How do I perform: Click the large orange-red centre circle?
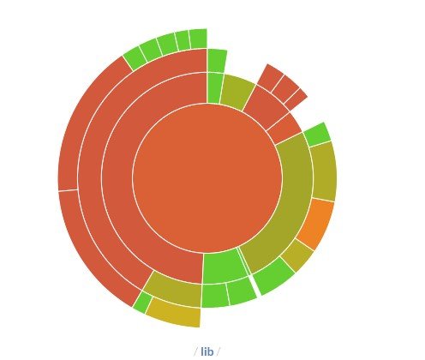(207, 178)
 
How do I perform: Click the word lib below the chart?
(207, 351)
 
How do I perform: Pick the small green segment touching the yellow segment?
(142, 303)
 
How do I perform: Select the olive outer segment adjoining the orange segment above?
(324, 171)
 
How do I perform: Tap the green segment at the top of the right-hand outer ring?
(317, 135)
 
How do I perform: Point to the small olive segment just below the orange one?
(297, 255)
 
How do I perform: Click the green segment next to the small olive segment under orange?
(273, 276)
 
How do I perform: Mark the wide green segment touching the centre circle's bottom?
(224, 267)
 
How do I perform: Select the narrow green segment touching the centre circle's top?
(215, 88)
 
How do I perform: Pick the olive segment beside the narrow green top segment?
(237, 92)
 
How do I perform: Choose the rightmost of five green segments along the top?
(199, 39)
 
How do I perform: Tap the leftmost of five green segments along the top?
(135, 58)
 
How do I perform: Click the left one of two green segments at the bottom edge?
(215, 295)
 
